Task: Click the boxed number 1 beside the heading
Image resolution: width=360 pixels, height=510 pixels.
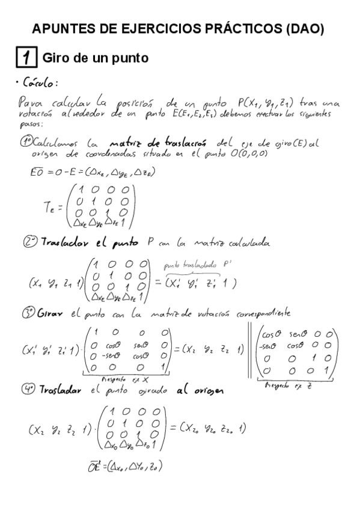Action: (x=26, y=58)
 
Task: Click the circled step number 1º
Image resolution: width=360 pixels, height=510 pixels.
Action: (x=26, y=143)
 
